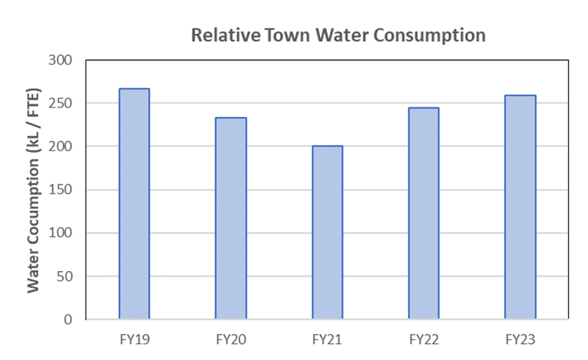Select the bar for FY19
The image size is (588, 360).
134,204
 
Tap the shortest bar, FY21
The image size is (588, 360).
327,233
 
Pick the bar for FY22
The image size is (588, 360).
424,213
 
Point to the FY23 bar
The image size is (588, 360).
520,207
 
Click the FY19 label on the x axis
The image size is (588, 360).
134,339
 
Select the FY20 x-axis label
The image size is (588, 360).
231,339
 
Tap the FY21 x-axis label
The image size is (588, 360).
327,339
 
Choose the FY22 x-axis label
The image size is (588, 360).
424,339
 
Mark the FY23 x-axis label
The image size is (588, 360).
520,339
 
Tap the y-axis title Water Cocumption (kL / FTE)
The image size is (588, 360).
33,190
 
